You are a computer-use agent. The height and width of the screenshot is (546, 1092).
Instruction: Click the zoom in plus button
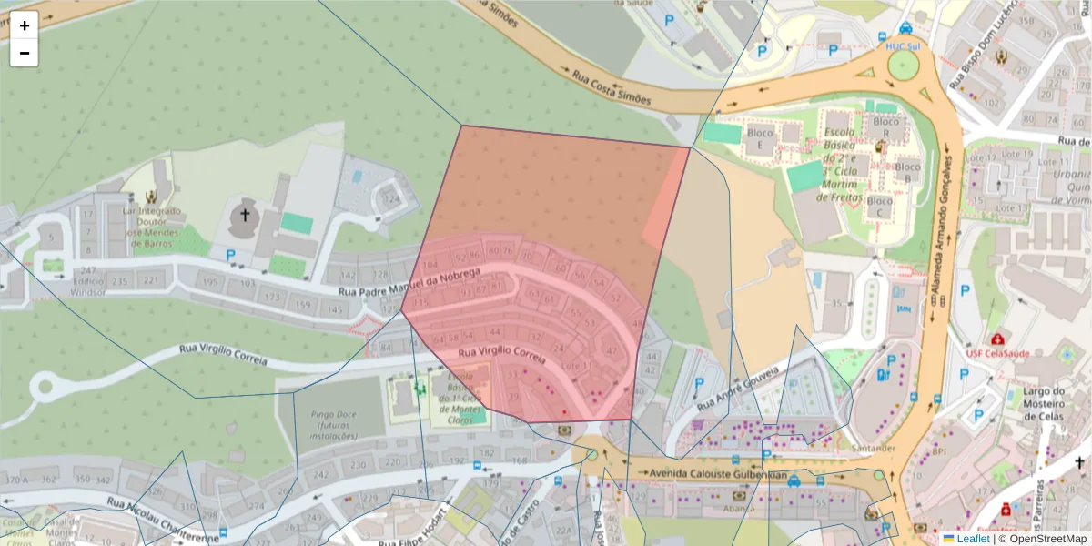click(x=25, y=25)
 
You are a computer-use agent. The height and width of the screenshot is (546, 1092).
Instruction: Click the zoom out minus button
click(x=25, y=53)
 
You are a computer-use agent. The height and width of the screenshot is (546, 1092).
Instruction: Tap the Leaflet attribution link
click(x=973, y=539)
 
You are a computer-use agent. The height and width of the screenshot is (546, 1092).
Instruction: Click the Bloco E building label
click(x=759, y=138)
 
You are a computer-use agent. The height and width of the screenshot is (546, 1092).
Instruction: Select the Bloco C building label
click(x=879, y=207)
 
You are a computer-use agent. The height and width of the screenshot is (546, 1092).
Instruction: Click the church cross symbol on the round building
click(x=244, y=216)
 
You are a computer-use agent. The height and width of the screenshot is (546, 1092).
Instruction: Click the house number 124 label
click(x=391, y=199)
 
